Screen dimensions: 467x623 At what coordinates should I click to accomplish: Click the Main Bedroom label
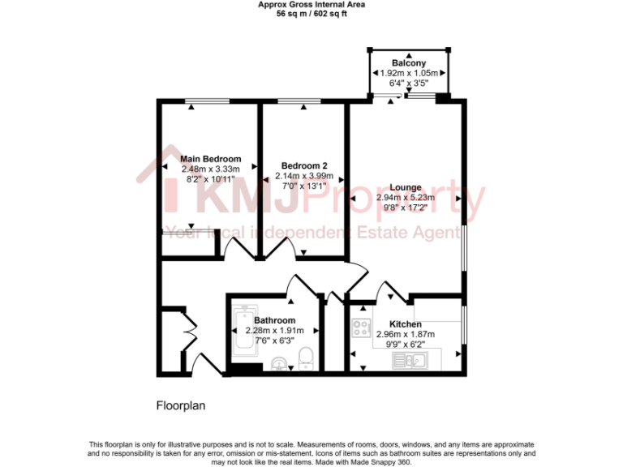tap(211, 159)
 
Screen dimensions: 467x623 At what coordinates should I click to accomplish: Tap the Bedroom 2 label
tap(299, 165)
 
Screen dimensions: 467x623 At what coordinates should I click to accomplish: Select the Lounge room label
tap(405, 187)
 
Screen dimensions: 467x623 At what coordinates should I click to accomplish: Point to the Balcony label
tap(409, 63)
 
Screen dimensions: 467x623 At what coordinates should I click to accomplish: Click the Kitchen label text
tap(405, 324)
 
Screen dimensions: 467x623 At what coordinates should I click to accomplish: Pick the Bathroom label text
tap(274, 320)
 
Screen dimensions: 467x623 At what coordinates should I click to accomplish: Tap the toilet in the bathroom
tap(306, 358)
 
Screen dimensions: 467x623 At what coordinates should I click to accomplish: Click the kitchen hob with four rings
tap(361, 328)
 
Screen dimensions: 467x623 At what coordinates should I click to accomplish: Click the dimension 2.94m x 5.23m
tap(405, 197)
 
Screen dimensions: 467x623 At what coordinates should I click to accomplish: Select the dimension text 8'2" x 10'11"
tap(211, 178)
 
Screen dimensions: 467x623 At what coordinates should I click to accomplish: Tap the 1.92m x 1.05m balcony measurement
tap(410, 73)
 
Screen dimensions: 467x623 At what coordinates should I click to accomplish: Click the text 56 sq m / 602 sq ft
tap(311, 14)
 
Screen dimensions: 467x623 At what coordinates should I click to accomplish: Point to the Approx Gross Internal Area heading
tap(311, 5)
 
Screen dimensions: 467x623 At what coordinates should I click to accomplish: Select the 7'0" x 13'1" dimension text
tap(299, 185)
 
